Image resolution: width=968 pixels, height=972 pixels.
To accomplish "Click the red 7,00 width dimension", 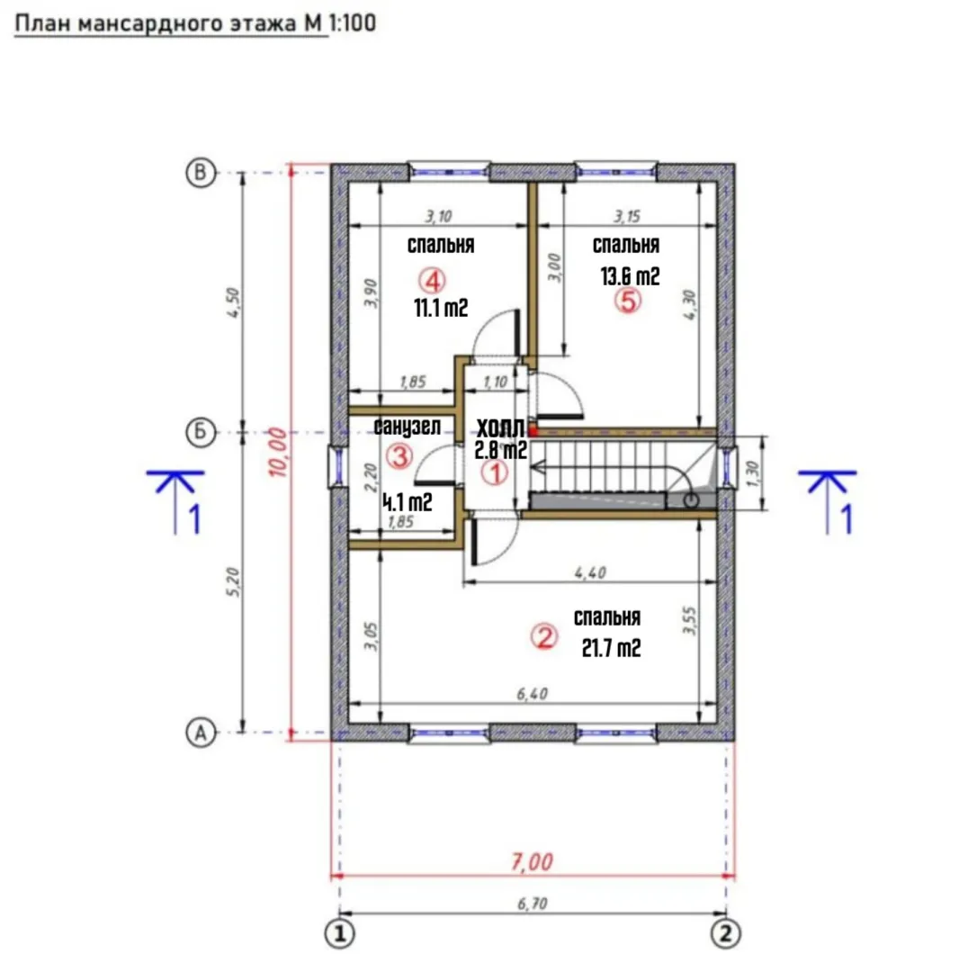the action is point(533,862).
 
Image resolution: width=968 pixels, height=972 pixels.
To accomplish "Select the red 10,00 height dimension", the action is point(278,453).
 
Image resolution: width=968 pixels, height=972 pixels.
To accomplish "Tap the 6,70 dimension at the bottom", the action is point(533,904).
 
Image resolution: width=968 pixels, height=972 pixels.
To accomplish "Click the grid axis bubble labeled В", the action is point(201,172).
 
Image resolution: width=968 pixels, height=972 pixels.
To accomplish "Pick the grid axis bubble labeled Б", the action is point(201,432).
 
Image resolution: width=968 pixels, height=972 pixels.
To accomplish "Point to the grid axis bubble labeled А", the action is point(201,733).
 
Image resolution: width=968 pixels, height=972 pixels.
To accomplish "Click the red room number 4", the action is point(432,280).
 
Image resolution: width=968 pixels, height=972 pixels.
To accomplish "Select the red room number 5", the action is point(628,301).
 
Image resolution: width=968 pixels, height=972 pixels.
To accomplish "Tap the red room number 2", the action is point(544,636).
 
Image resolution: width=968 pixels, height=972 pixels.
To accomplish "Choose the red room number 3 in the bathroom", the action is point(399,457).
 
